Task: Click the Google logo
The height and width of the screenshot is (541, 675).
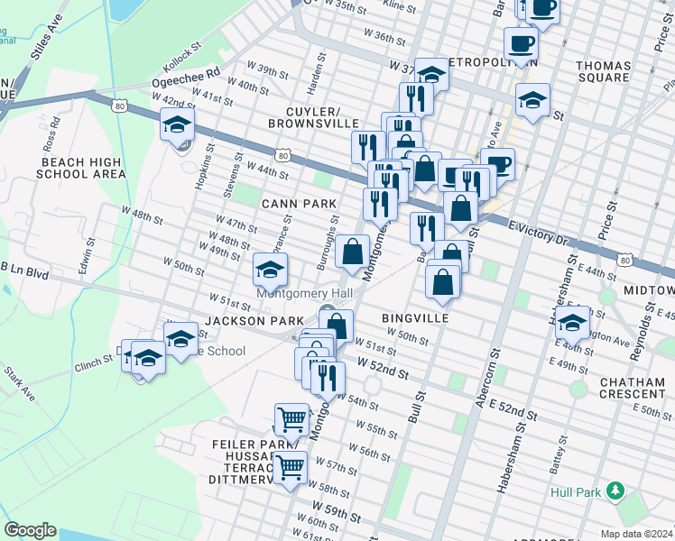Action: click(31, 530)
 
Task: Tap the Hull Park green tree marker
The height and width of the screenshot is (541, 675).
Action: click(615, 491)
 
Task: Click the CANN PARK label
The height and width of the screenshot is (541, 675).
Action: click(299, 205)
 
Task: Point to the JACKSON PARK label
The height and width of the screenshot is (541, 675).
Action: click(246, 320)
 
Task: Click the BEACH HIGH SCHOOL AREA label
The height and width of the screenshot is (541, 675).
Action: click(82, 168)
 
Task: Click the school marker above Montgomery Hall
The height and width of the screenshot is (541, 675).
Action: click(270, 269)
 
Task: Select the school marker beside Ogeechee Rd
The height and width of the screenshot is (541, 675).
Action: click(178, 124)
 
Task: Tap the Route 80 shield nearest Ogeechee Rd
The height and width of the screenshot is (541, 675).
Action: click(120, 106)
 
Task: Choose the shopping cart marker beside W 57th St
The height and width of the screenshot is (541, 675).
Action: click(290, 467)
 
